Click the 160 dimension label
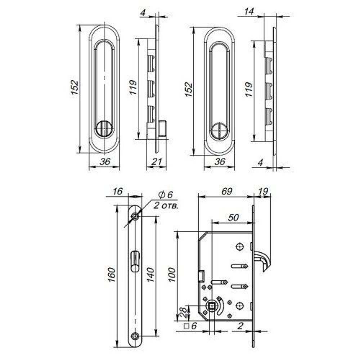coord(112,275)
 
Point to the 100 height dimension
coord(172,275)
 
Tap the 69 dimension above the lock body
coord(226,191)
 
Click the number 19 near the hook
coord(264,191)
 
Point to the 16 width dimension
coord(117,191)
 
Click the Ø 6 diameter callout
coord(166,195)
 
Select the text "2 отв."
coord(166,206)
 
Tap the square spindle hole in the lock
coord(212,307)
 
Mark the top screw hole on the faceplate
coord(135,216)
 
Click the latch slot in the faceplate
coord(135,261)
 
